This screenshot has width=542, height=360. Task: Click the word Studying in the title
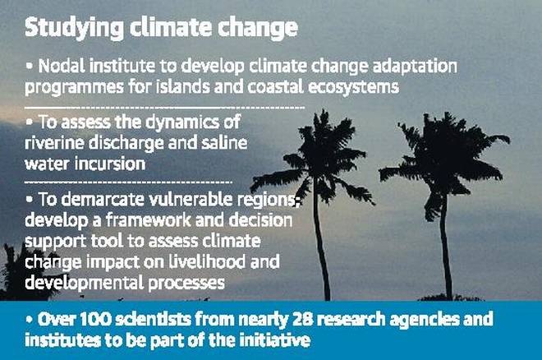pyautogui.click(x=74, y=29)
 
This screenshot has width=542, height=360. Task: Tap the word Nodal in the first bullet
pyautogui.click(x=62, y=66)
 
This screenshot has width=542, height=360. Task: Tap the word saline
pyautogui.click(x=225, y=142)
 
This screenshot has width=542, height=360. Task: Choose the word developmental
pyautogui.click(x=85, y=284)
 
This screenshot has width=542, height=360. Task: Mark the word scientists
pyautogui.click(x=153, y=319)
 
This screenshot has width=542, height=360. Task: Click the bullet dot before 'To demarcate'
pyautogui.click(x=30, y=199)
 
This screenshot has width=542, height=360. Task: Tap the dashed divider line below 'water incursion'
pyautogui.click(x=129, y=182)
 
